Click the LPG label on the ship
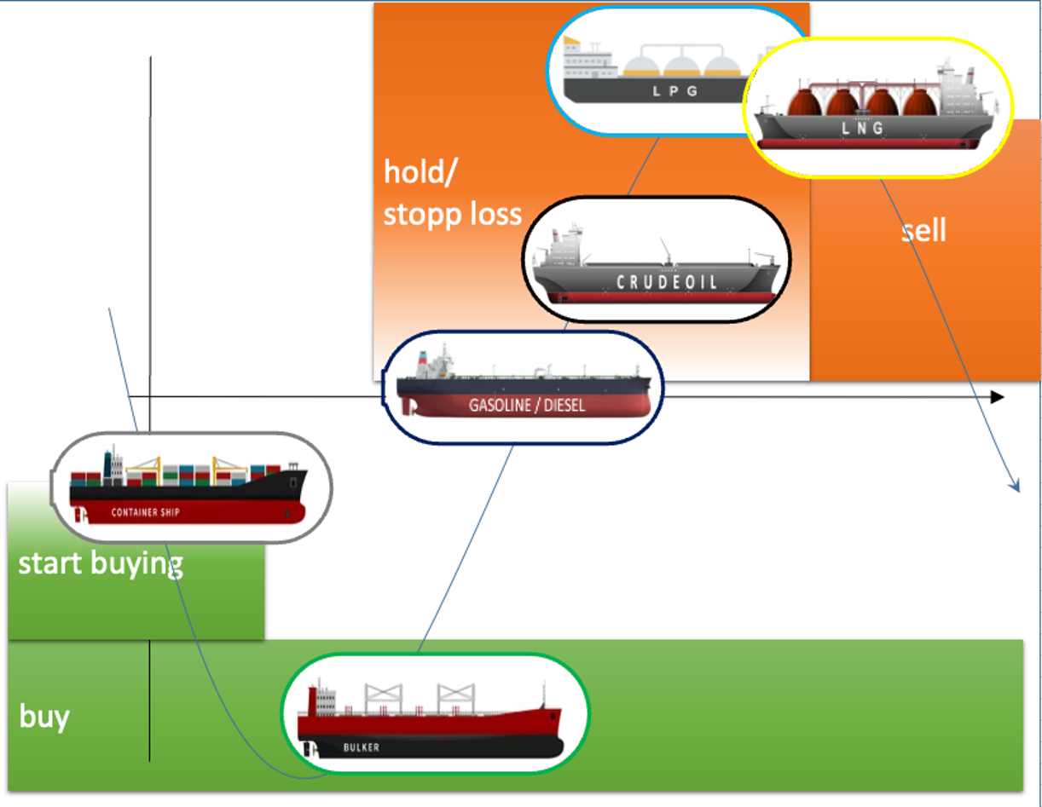(675, 90)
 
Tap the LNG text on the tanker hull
(863, 128)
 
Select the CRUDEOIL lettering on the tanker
(667, 282)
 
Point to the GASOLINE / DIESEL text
(527, 406)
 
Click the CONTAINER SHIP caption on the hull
(146, 513)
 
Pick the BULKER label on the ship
(362, 747)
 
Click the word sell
(923, 230)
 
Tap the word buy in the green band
(43, 717)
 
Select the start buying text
(101, 563)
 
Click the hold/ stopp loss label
(452, 193)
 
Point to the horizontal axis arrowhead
(996, 397)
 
